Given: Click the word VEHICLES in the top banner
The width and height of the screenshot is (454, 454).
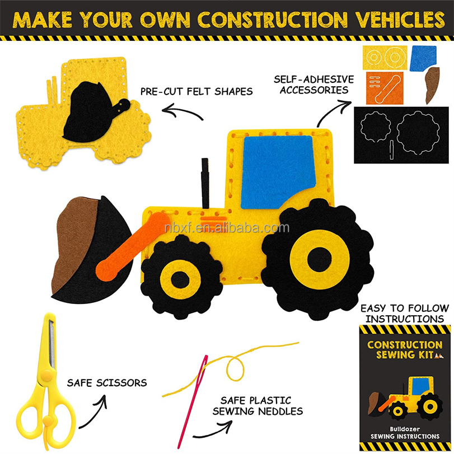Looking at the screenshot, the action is click(x=400, y=20).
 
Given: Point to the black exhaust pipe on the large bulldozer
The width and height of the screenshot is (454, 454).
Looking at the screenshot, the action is click(x=205, y=183).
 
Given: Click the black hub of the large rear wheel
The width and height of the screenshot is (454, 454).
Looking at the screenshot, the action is click(x=319, y=259).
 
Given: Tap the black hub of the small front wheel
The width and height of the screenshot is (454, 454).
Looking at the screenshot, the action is click(x=180, y=280).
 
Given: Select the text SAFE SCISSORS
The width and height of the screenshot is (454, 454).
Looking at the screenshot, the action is click(x=107, y=383).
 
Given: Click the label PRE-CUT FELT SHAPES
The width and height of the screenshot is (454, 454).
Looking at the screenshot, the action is click(x=196, y=91).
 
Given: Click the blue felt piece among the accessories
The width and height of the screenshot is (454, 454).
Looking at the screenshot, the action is click(x=423, y=58).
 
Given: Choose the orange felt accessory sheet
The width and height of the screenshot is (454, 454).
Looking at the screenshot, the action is click(x=385, y=88).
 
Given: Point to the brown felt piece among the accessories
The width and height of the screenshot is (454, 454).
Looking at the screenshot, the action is click(x=432, y=85).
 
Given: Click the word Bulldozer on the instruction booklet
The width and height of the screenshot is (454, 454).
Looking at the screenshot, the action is click(x=405, y=429).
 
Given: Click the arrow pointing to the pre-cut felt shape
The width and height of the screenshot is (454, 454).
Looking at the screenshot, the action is click(x=182, y=112).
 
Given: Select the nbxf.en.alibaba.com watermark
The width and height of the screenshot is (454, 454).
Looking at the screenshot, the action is click(x=227, y=228).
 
